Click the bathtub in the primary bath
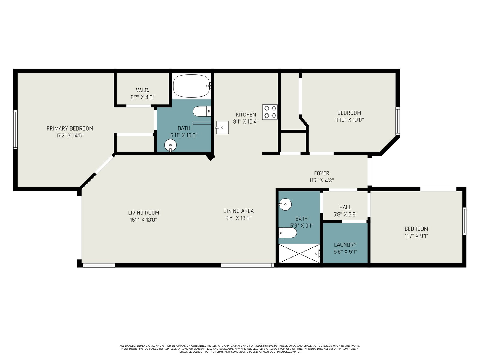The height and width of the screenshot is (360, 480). click(192, 86)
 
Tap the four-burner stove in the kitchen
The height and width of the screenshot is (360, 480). click(270, 112)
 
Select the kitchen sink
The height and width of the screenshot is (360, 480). click(222, 127)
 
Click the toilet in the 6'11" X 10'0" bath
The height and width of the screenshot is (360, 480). click(202, 111)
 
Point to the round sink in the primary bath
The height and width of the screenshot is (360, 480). click(171, 145)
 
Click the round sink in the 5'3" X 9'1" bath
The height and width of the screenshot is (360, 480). click(285, 205)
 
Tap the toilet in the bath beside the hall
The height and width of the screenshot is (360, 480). click(288, 233)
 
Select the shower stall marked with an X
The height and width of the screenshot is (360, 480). click(299, 253)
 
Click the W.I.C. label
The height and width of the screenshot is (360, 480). click(142, 90)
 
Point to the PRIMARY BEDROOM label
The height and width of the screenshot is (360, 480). click(70, 128)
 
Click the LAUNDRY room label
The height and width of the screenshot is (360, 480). click(345, 245)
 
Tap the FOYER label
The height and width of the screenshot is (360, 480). click(322, 173)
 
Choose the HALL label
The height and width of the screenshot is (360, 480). click(345, 207)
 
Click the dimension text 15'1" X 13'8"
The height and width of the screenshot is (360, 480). click(143, 220)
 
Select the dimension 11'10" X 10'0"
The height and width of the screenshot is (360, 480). click(349, 120)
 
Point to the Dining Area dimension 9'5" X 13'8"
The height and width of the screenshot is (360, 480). click(238, 218)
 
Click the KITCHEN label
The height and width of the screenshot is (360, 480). click(246, 115)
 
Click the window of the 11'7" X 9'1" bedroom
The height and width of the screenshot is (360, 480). click(464, 221)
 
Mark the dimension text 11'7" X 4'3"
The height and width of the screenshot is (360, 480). click(322, 180)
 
